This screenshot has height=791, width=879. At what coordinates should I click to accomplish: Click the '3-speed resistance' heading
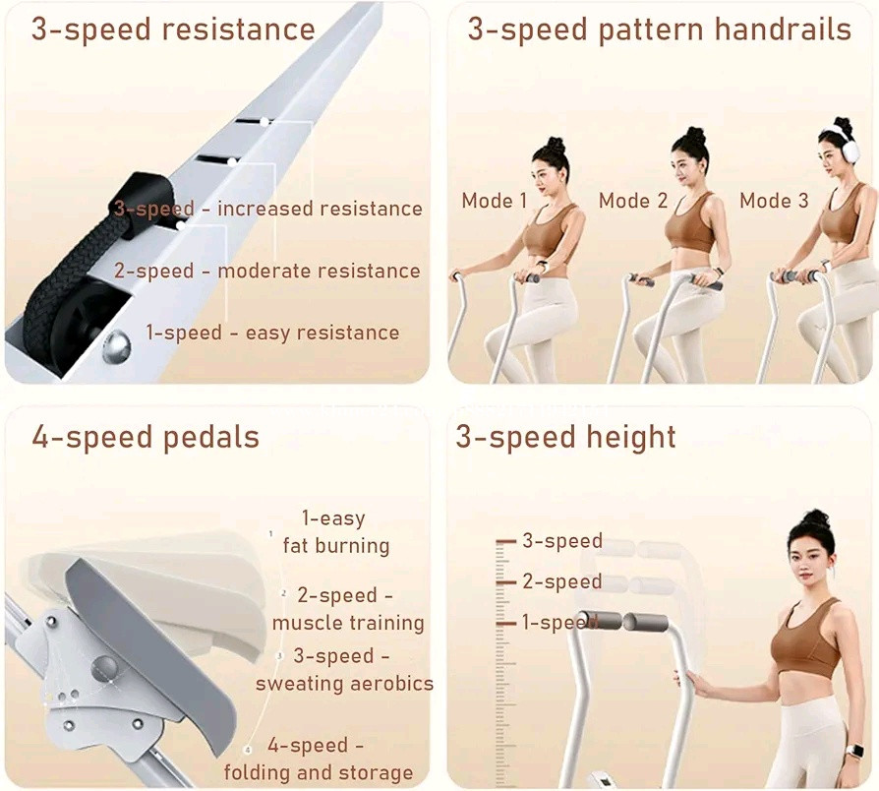pos(173,30)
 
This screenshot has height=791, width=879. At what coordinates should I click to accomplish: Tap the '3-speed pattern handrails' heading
pos(659,30)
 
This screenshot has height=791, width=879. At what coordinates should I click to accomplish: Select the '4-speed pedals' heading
pos(146,438)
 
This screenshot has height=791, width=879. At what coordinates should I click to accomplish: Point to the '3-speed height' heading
pos(565,437)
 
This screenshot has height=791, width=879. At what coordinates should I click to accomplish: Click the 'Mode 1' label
pos(495,201)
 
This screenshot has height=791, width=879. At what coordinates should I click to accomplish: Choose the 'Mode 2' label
pos(633,201)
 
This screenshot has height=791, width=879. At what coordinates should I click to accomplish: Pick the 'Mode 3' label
pos(774,201)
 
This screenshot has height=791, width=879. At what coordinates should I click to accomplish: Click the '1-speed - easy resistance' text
pos(272,333)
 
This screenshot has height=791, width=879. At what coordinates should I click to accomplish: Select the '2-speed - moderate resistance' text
pos(267,271)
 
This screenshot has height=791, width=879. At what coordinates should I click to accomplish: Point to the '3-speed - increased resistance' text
pos(268,209)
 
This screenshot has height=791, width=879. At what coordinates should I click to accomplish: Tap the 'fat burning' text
pos(336,545)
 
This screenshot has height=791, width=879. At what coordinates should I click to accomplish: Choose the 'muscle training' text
pos(348,623)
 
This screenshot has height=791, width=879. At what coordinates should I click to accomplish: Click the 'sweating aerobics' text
pos(345,684)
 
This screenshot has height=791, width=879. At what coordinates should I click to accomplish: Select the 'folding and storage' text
pos(319,772)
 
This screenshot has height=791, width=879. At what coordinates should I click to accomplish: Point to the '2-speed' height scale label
pos(562,581)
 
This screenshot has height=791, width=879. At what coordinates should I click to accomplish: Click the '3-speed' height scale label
pos(562,541)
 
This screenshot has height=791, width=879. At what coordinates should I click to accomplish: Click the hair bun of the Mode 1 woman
pos(555,142)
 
